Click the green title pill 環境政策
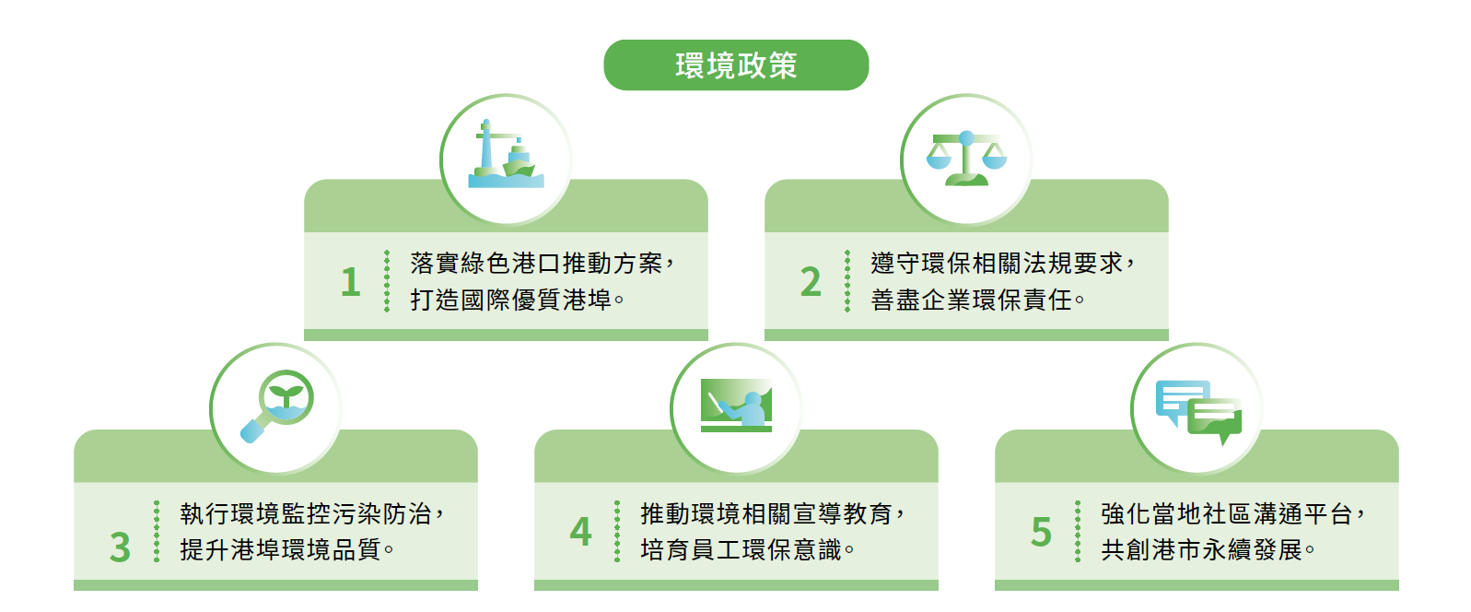[736, 65]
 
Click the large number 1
[350, 282]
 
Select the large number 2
[811, 282]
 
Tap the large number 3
[120, 547]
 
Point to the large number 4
[580, 532]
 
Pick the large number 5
[1041, 532]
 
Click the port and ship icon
[506, 157]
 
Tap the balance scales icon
[966, 159]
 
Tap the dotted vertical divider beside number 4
[617, 532]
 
